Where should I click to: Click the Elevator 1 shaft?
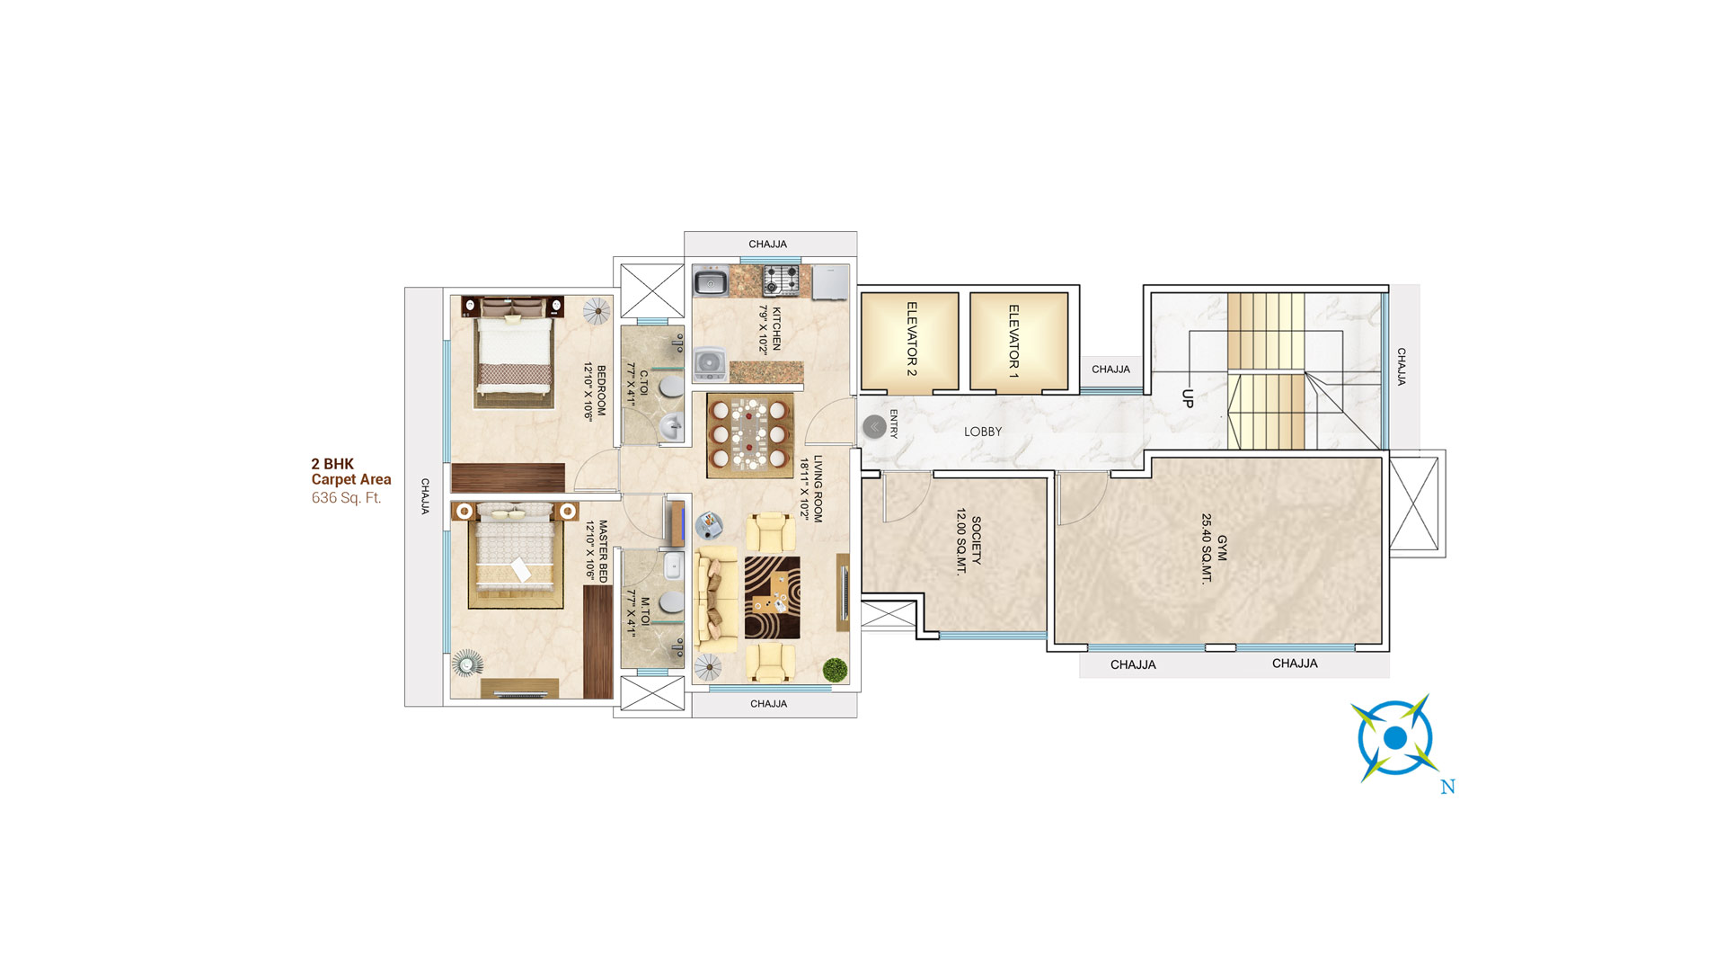(1019, 341)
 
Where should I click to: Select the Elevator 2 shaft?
(910, 341)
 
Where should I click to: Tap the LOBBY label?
(982, 432)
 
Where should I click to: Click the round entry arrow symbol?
(874, 427)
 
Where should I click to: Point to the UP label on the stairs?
(1188, 398)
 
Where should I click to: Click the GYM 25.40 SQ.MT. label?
(1214, 548)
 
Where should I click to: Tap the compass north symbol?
(1394, 738)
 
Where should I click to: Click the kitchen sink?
(712, 282)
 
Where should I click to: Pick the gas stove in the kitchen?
(780, 280)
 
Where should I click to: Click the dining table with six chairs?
(748, 435)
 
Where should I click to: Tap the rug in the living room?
(772, 598)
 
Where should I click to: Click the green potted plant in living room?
(835, 670)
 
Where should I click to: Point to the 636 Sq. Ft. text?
(346, 498)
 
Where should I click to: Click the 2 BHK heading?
(332, 464)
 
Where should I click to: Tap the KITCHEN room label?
(770, 330)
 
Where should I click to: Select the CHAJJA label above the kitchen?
(767, 245)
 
